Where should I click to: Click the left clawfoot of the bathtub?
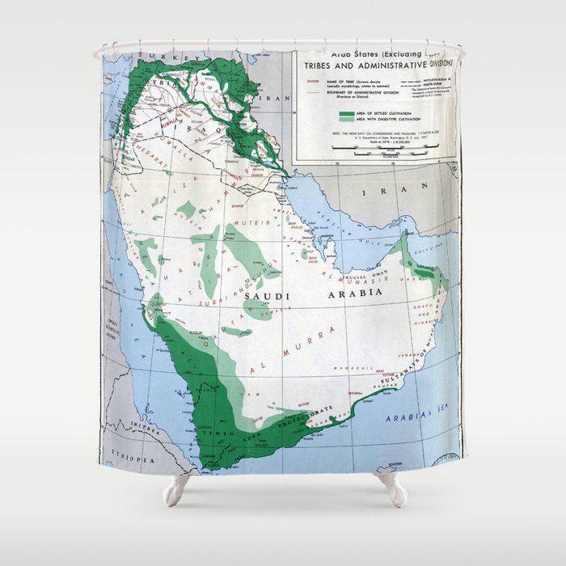point(175,489)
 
